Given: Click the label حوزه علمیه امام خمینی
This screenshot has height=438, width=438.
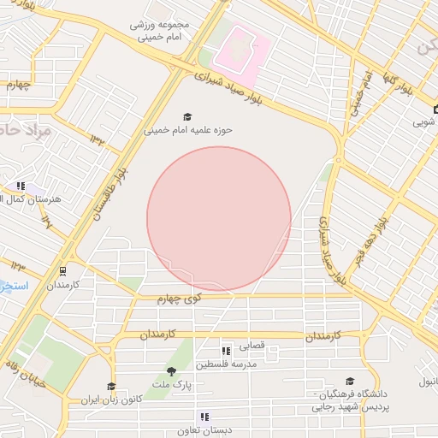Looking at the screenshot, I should coord(187,131).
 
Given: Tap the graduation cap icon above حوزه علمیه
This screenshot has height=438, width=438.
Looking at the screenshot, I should coord(187,117).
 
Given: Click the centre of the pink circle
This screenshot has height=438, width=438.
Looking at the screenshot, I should coord(219,219).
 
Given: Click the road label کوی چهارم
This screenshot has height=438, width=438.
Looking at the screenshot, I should coord(179,298).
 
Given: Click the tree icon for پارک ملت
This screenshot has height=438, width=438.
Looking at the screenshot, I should coord(171,371).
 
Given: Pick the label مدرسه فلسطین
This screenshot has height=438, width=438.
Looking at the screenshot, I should coord(227,364).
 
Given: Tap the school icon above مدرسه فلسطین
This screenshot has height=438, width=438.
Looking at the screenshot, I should coord(226,351).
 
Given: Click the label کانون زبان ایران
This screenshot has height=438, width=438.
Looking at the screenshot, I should coord(109,400).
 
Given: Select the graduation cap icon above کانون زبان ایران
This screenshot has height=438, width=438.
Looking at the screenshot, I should coord(110,387).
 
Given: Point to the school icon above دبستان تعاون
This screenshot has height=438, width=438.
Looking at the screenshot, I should coord(203,417).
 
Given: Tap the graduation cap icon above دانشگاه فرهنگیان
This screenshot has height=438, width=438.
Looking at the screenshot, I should coord(349,382).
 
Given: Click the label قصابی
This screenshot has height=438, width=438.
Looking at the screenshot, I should coord(251,346).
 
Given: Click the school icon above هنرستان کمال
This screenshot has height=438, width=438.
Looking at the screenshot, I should coord(20,186).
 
